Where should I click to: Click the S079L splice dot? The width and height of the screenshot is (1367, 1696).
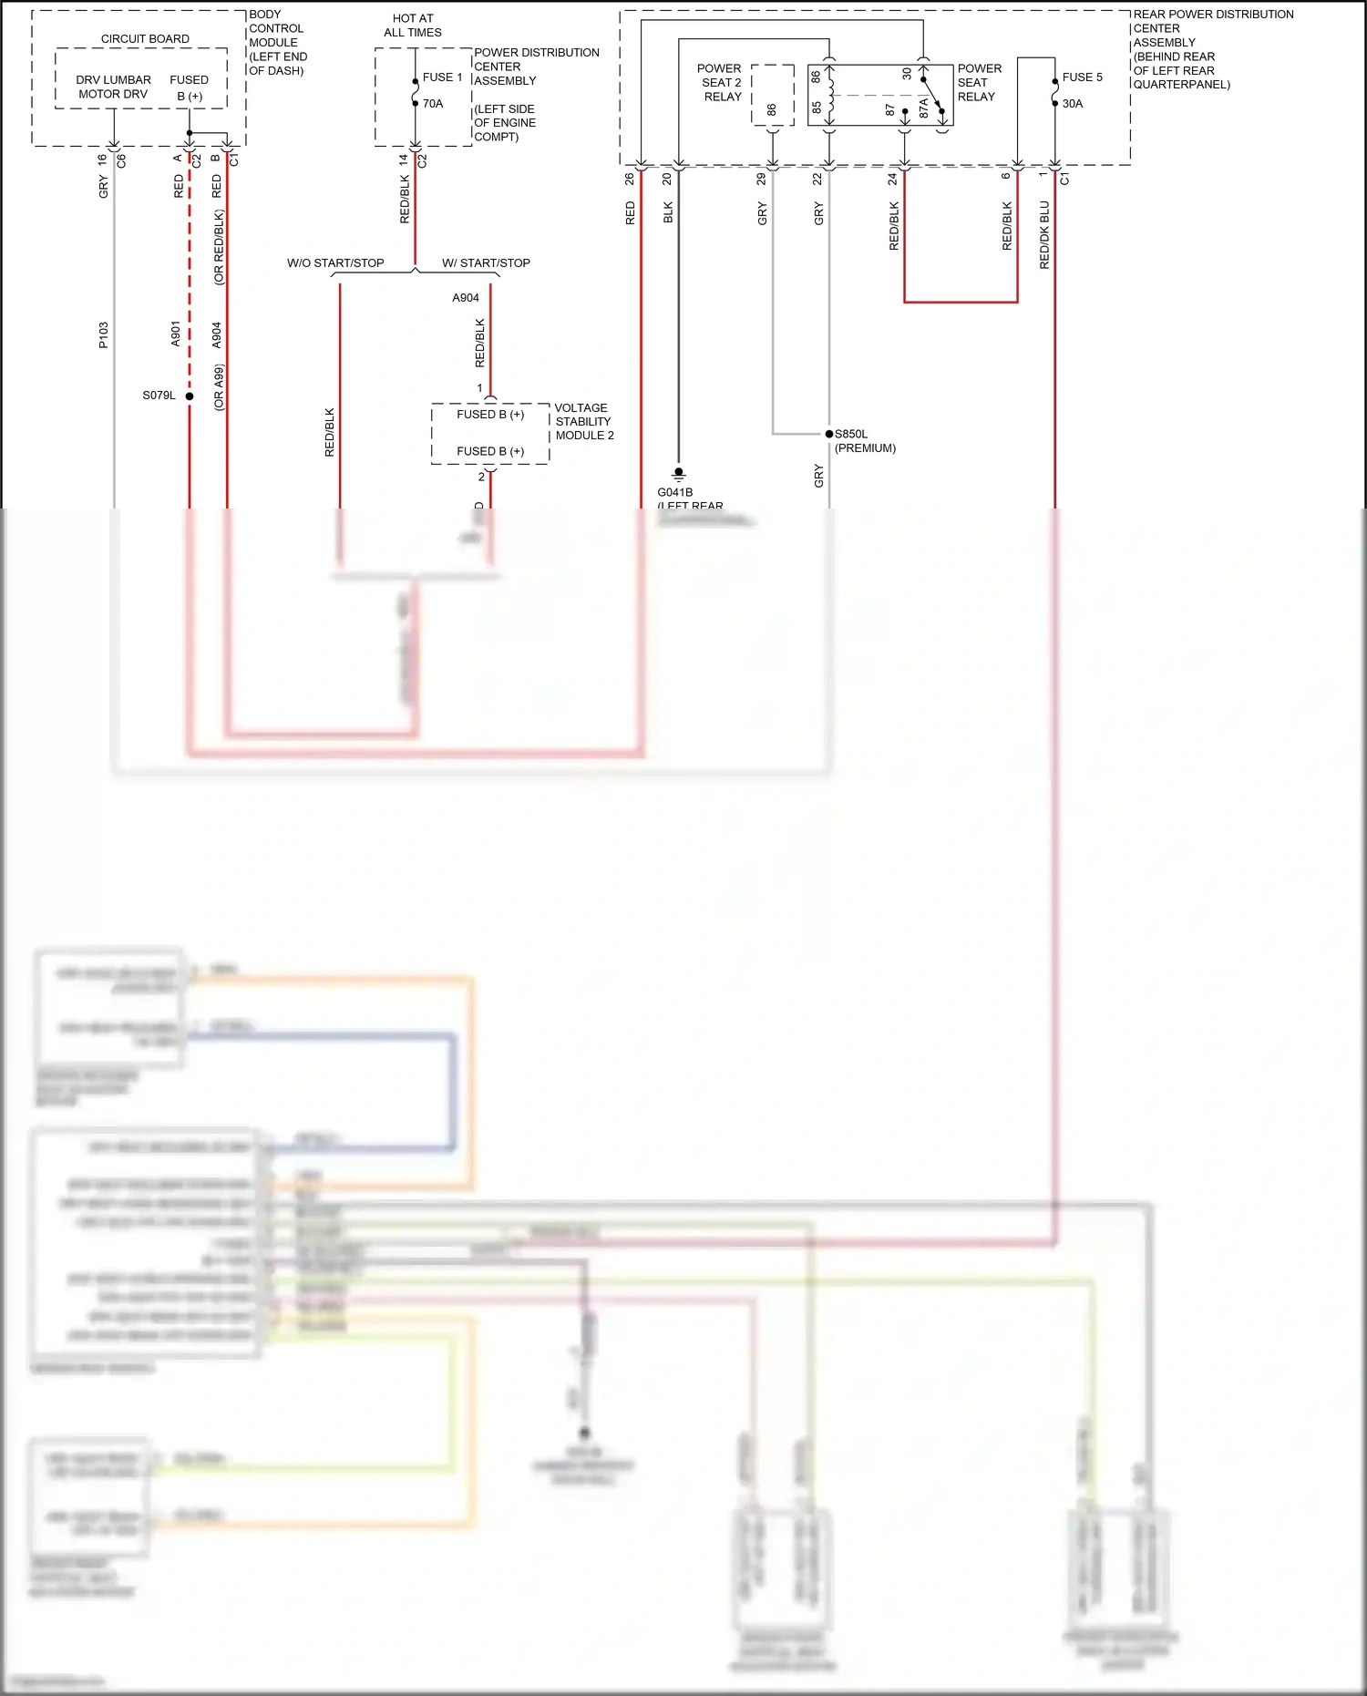(190, 396)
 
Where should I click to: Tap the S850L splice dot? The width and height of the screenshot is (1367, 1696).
(828, 434)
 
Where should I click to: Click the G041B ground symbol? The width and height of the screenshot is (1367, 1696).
(678, 474)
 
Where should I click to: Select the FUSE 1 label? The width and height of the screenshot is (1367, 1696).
(442, 77)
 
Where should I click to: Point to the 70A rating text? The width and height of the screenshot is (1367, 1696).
(433, 104)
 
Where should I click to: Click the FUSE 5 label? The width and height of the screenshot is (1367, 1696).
(1082, 77)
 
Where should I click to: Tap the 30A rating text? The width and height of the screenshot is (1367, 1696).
(1073, 104)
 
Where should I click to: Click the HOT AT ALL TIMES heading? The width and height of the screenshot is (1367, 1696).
(413, 26)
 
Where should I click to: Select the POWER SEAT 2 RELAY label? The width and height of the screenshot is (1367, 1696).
(721, 82)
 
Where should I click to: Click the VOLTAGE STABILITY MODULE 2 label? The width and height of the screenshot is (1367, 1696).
(584, 421)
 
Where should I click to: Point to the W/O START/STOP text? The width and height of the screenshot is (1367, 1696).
(335, 263)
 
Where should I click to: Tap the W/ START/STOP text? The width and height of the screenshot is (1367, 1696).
(486, 263)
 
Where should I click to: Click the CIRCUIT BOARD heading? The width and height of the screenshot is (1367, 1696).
(145, 39)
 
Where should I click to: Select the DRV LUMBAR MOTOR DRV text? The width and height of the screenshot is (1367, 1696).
(113, 87)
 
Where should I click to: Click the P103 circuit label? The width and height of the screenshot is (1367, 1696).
(104, 334)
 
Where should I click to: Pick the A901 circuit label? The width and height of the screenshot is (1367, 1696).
(176, 334)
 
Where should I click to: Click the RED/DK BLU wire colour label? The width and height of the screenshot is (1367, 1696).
(1044, 235)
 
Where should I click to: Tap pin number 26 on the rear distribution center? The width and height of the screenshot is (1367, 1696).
(630, 179)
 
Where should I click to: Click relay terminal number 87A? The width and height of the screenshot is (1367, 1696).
(923, 108)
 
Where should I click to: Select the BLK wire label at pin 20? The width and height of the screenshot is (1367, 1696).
(668, 213)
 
